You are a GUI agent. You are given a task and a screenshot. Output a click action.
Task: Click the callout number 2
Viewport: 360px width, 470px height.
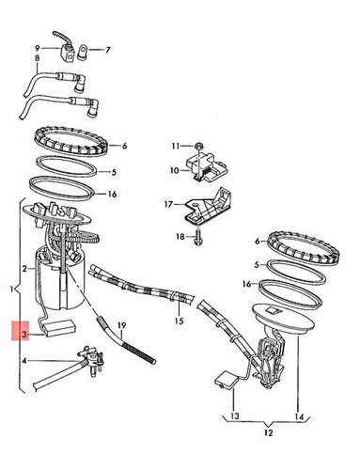click(x=28, y=269)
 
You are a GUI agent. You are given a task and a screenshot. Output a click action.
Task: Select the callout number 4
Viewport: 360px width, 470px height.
click(x=28, y=359)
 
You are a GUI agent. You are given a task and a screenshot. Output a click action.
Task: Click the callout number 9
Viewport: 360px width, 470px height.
click(x=38, y=47)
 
